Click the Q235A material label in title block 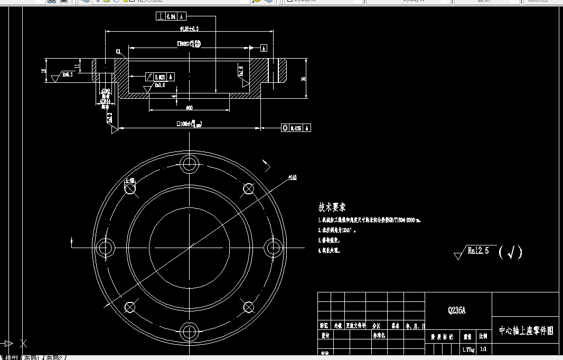click(x=457, y=311)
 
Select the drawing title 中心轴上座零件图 click(x=526, y=331)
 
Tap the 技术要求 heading click(x=332, y=207)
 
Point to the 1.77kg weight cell click(x=468, y=349)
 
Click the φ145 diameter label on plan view click(x=293, y=177)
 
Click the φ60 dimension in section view click(x=189, y=108)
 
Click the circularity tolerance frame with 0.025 click(x=296, y=128)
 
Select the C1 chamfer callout click(x=119, y=51)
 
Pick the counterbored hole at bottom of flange click(x=189, y=331)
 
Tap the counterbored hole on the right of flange click(x=273, y=247)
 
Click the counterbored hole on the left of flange click(x=105, y=247)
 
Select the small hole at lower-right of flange click(x=248, y=307)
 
